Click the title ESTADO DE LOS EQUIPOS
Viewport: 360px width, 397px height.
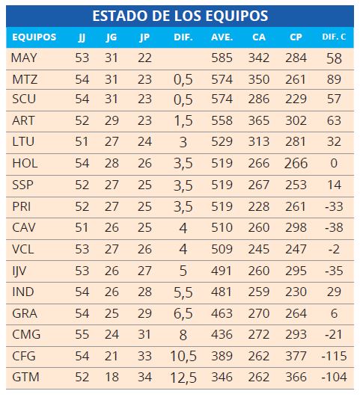(x=180, y=16)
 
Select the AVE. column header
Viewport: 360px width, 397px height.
(x=222, y=37)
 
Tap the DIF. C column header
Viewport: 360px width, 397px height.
(x=334, y=37)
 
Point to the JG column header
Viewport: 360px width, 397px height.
(x=112, y=37)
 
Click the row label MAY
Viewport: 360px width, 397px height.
(x=25, y=58)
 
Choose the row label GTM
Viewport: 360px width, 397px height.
(x=25, y=377)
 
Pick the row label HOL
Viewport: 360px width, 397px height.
(x=25, y=163)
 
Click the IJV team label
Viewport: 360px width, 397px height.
(x=19, y=271)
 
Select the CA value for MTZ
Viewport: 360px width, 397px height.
(x=259, y=79)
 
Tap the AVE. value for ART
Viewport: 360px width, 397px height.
(x=222, y=120)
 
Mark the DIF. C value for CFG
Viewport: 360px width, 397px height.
(x=334, y=356)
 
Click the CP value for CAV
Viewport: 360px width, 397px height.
(x=296, y=227)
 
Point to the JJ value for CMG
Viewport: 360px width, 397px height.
(x=82, y=334)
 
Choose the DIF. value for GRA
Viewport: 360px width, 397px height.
(x=183, y=313)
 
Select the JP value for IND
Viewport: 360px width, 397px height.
(x=144, y=292)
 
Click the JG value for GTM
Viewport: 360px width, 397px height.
(x=112, y=377)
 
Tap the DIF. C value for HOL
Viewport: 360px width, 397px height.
(x=334, y=163)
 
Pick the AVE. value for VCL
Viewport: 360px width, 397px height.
(x=222, y=249)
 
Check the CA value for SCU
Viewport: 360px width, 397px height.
(x=259, y=99)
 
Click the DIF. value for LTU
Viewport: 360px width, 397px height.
(x=183, y=142)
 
